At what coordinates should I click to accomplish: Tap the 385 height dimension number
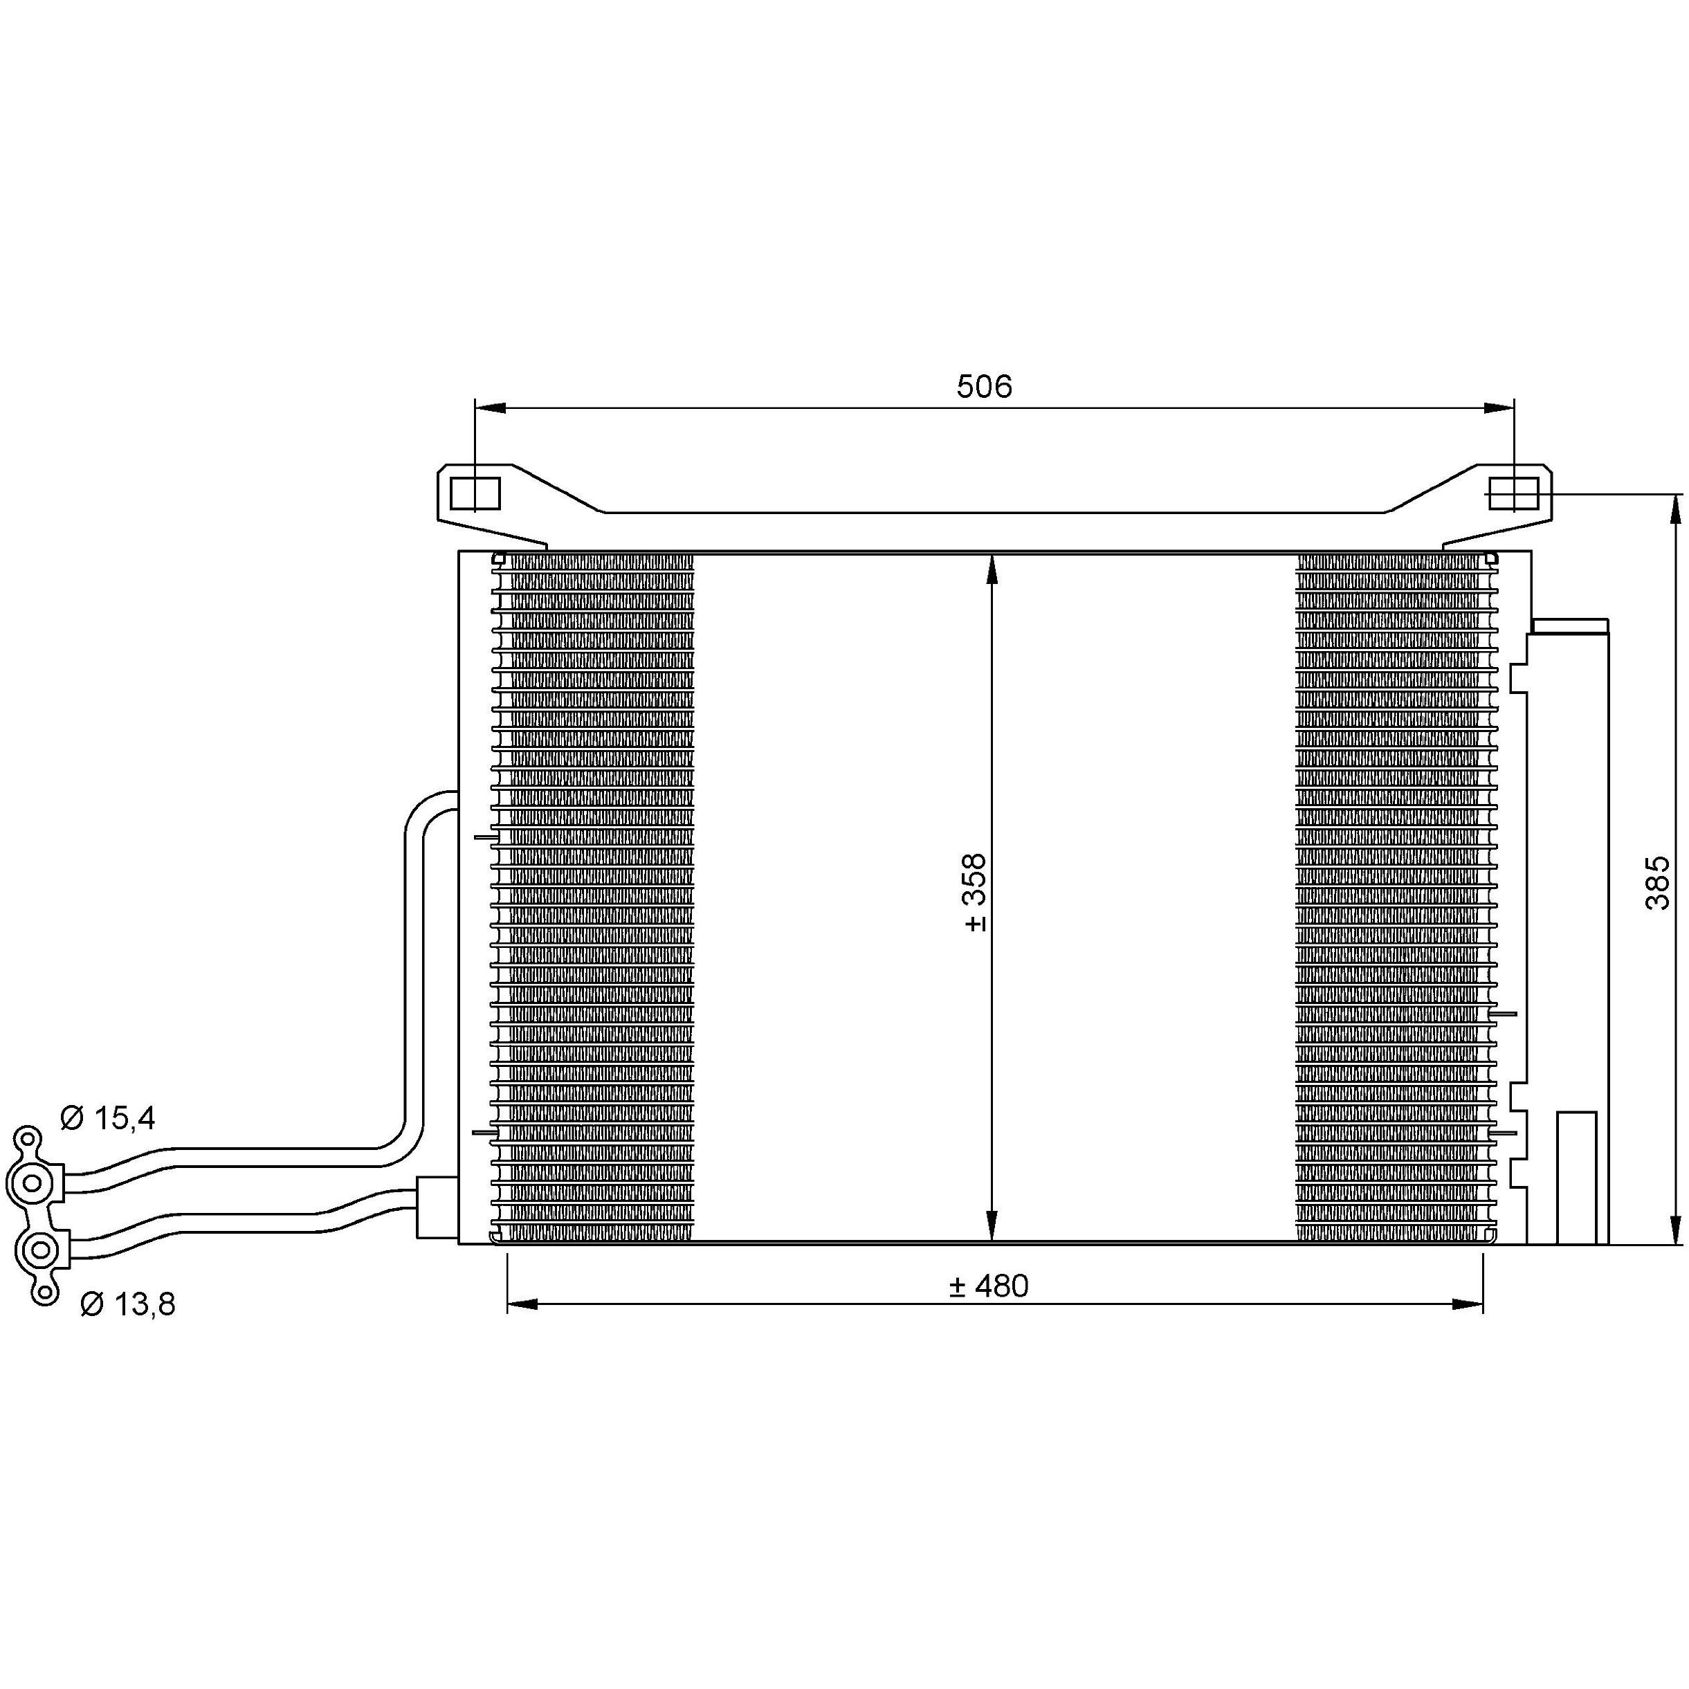1658,883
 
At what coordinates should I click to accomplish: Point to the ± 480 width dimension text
989,1286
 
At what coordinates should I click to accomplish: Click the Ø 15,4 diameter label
107,1118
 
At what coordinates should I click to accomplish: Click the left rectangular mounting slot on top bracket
475,494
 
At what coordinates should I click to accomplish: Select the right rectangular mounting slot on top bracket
1513,494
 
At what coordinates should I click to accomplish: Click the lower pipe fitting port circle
40,1251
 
